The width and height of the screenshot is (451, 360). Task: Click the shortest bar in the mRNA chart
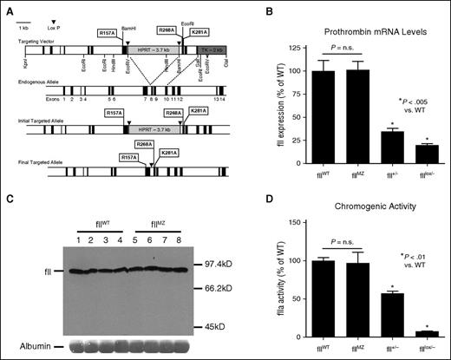pos(402,152)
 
